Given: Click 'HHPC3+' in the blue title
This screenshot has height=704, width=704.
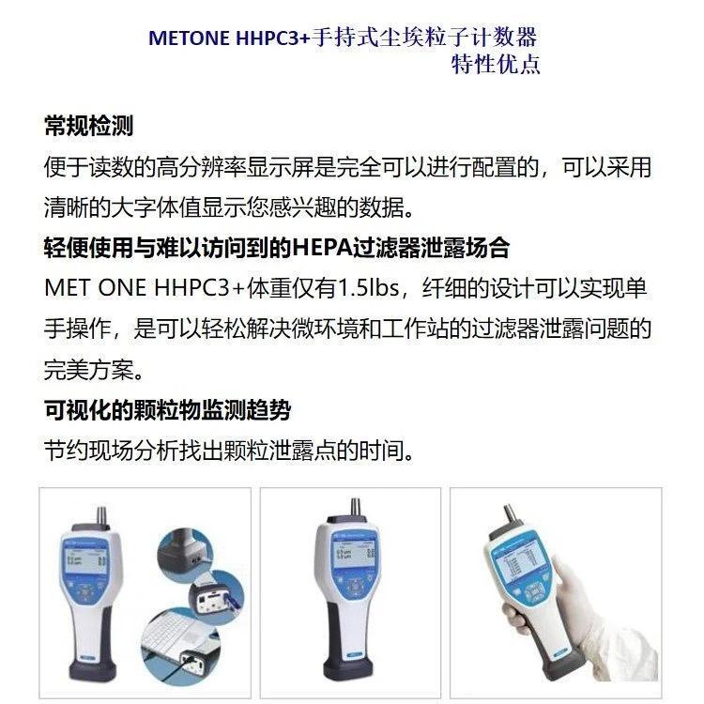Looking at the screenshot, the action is click(x=273, y=38).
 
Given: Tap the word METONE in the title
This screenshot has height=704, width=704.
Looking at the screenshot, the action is click(x=189, y=38).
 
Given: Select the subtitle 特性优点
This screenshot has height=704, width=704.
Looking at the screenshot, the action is click(x=496, y=64).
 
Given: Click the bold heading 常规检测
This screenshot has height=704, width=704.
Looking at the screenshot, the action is click(x=88, y=125).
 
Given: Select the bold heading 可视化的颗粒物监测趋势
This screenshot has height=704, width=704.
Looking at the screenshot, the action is click(x=167, y=409).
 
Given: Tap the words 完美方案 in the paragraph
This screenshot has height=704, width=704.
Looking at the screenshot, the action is click(x=88, y=370).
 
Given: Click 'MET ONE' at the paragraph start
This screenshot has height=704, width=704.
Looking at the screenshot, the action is click(x=95, y=288).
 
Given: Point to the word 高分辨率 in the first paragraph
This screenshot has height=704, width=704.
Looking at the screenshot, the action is click(x=201, y=167).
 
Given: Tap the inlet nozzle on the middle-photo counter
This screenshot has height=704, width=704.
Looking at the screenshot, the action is click(x=356, y=508).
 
